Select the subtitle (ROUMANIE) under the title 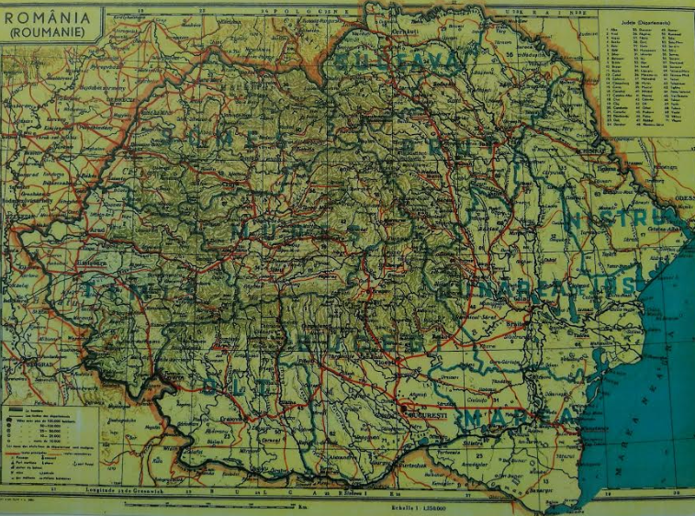click(47, 32)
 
